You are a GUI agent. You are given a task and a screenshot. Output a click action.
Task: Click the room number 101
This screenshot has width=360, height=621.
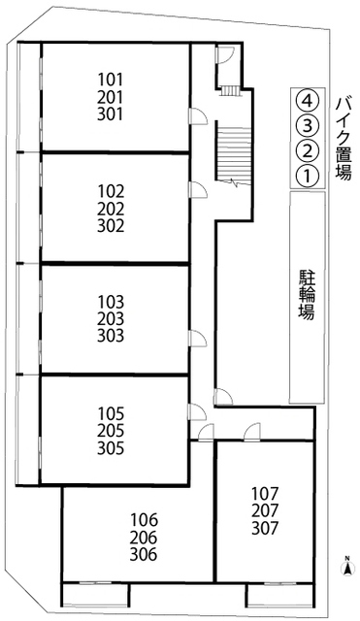pyautogui.click(x=113, y=79)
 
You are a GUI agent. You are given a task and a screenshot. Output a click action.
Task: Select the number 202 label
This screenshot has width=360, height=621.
pyautogui.click(x=113, y=207)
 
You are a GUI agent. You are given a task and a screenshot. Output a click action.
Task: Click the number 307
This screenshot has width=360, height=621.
pyautogui.click(x=264, y=529)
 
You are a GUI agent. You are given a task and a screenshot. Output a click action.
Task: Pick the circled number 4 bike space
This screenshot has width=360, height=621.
pyautogui.click(x=307, y=99)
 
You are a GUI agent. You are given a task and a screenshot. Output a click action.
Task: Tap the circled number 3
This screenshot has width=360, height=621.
pyautogui.click(x=307, y=125)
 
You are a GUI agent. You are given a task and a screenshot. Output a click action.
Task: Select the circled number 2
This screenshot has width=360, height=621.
pyautogui.click(x=307, y=150)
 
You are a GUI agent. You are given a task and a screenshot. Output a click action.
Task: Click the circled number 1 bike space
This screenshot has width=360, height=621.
pyautogui.click(x=307, y=176)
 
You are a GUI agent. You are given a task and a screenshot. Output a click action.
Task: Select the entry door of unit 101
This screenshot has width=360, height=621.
pyautogui.click(x=197, y=116)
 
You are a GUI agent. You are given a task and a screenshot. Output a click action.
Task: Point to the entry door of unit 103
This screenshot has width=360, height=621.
pyautogui.click(x=197, y=336)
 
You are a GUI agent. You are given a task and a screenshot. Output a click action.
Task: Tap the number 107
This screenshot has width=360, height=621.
pyautogui.click(x=264, y=493)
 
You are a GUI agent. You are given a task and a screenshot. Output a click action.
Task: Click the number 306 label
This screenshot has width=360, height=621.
pyautogui.click(x=144, y=556)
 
